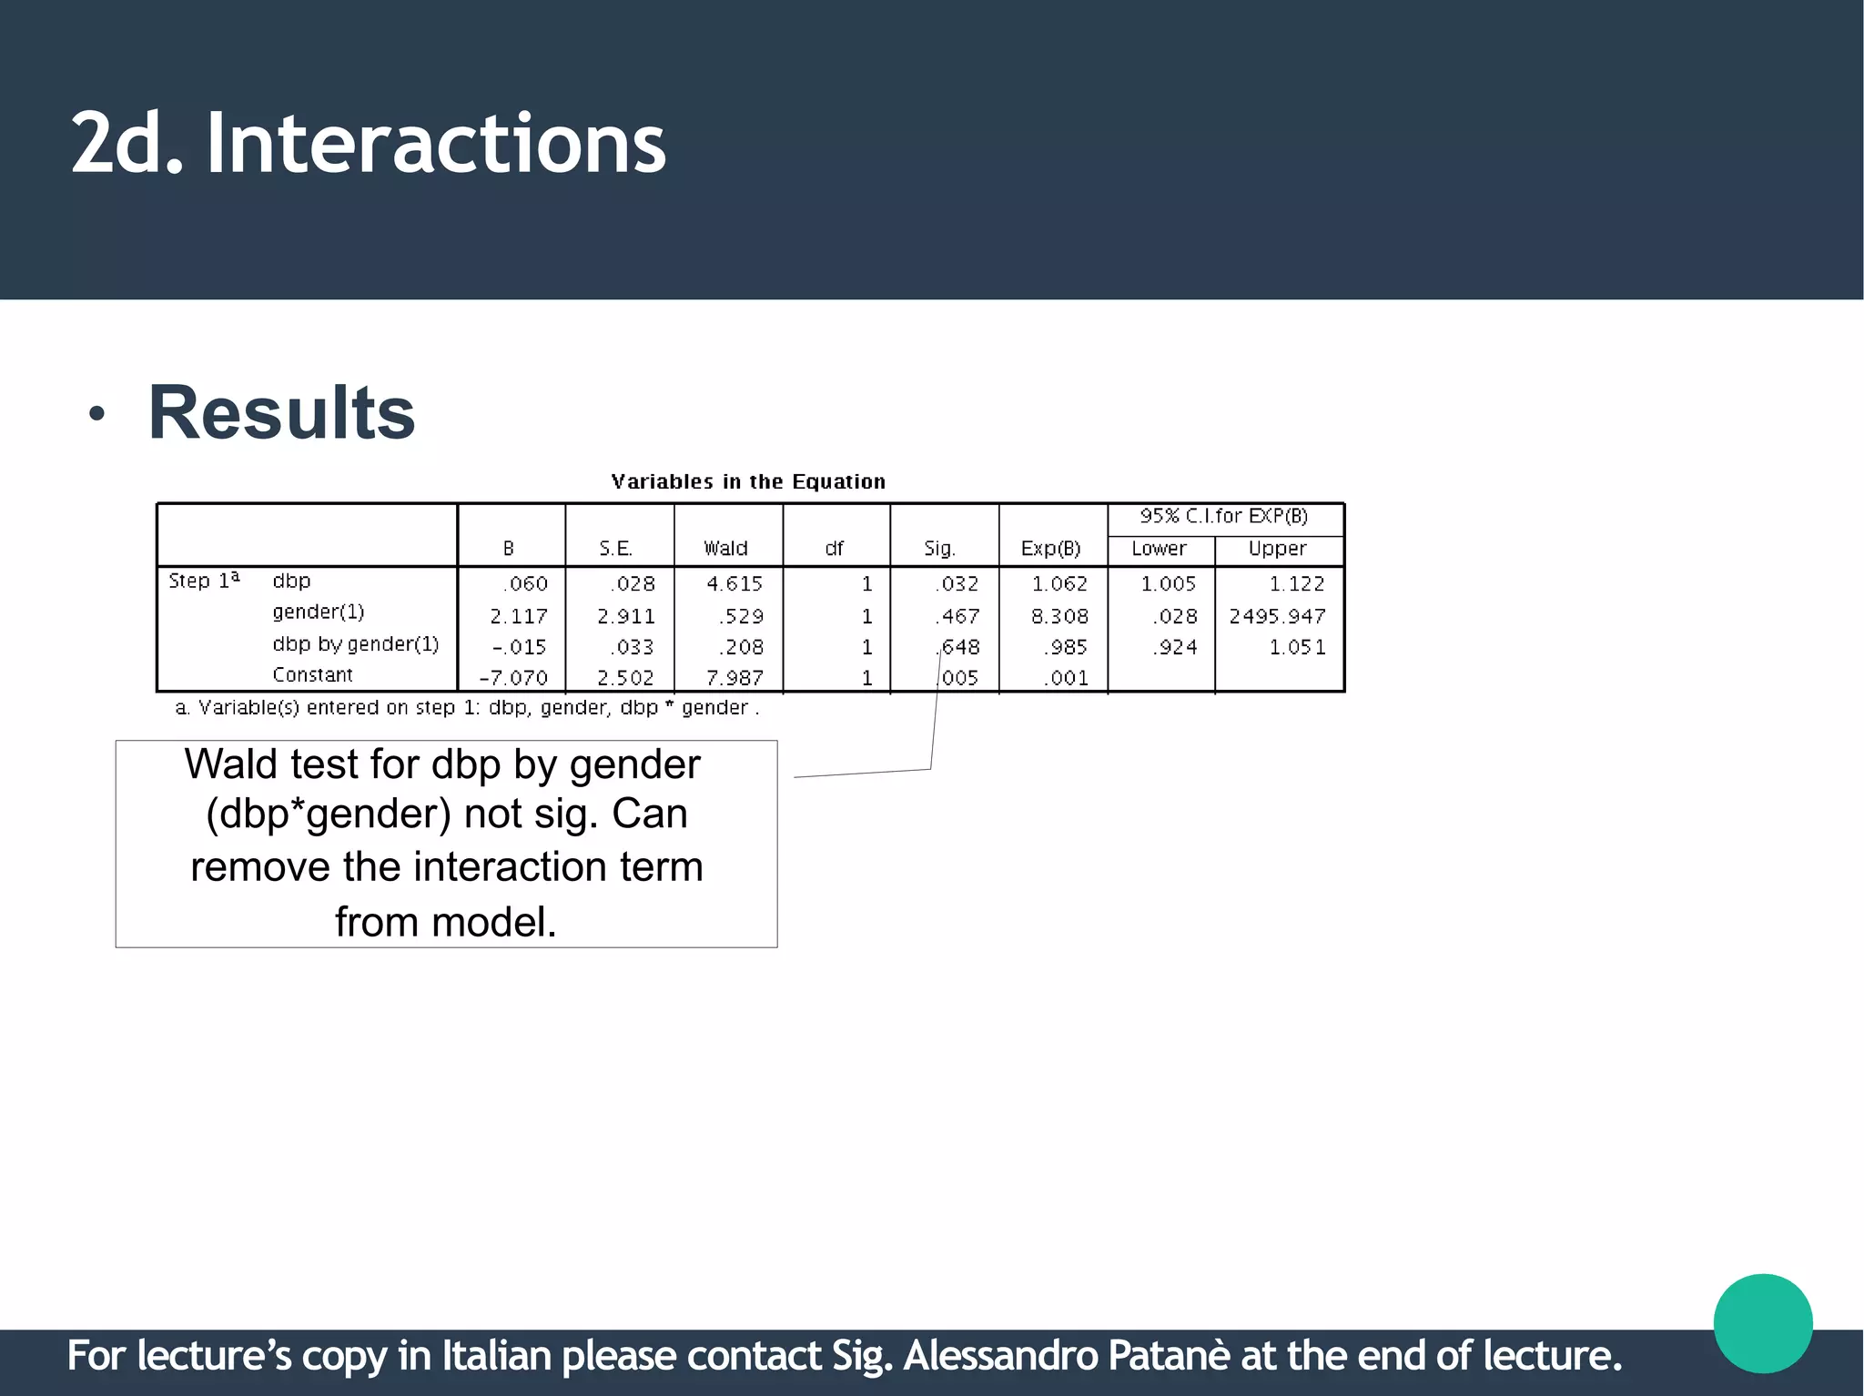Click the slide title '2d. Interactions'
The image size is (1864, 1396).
coord(369,143)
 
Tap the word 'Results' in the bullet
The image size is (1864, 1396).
coord(281,412)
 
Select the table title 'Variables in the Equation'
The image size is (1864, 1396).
coord(747,481)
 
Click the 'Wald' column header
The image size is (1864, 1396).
coord(725,549)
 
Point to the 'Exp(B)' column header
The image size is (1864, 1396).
coord(1050,549)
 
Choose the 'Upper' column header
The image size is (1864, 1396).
coord(1277,549)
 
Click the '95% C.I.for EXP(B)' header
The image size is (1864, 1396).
coord(1223,517)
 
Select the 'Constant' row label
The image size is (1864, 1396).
coord(312,675)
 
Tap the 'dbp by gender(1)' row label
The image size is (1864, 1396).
coord(355,644)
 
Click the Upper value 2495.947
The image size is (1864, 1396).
coord(1277,617)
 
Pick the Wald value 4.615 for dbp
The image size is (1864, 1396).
coord(734,584)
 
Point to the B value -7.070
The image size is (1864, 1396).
coord(513,678)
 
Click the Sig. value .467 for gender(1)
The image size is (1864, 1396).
coord(957,617)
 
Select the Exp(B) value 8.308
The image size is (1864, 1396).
coord(1059,617)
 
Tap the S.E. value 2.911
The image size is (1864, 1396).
coord(625,617)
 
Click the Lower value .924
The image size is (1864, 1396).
coord(1175,648)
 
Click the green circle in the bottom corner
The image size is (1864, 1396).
coord(1762,1323)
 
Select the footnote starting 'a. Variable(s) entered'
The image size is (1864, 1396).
coord(467,708)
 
